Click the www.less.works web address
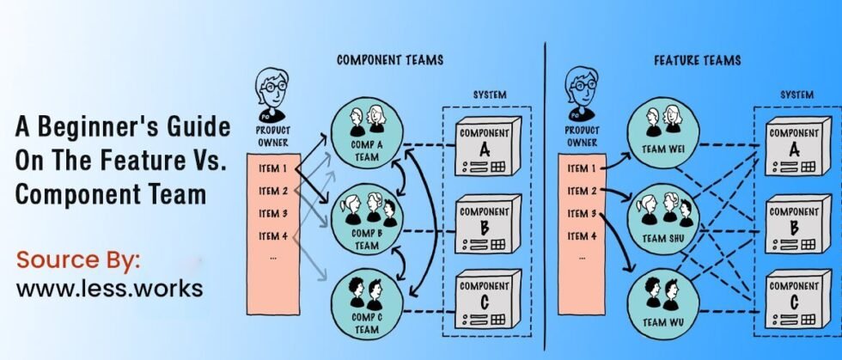pos(110,289)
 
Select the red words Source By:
pos(78,260)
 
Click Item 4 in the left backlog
pos(272,235)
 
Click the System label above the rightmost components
pos(796,95)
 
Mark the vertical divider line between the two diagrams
pos(545,189)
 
